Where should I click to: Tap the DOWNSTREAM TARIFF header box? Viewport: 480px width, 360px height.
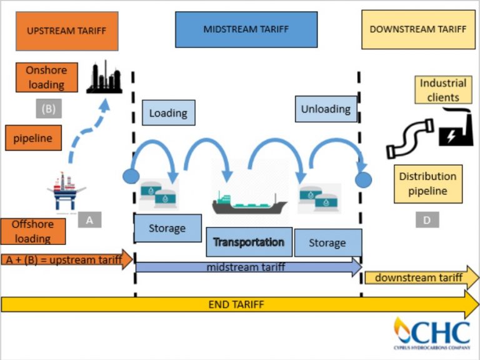417,29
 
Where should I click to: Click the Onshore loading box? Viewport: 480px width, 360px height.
46,77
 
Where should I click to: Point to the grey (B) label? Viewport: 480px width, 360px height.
49,109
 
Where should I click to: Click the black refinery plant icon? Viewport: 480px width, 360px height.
104,77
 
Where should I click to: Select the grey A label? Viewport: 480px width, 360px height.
89,219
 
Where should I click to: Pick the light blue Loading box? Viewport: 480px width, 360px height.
168,113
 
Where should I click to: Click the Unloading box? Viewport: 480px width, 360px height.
325,109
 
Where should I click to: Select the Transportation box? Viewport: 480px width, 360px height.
249,242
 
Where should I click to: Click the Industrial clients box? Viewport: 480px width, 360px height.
442,90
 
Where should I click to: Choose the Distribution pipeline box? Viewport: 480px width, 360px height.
428,184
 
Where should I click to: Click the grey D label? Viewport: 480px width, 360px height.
427,219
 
